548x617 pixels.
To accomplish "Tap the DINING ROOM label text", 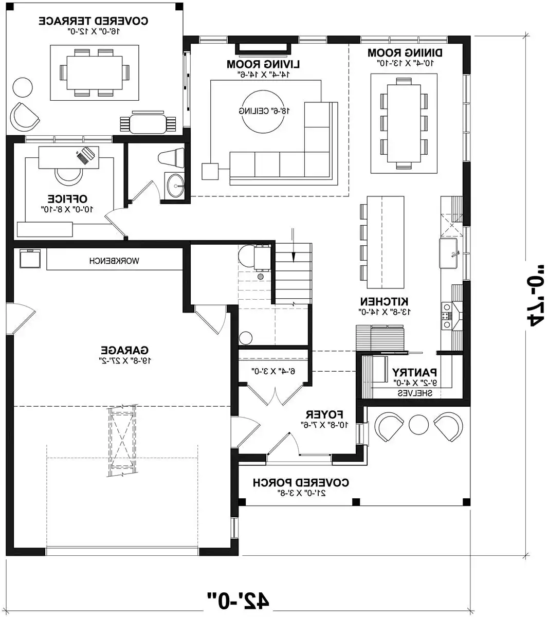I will [x=405, y=52].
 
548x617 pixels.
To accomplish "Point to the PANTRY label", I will [x=414, y=372].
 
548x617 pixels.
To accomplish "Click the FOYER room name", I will [x=324, y=414].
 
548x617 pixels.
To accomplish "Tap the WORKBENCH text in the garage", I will [x=114, y=261].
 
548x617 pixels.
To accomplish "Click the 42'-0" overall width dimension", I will [x=238, y=600].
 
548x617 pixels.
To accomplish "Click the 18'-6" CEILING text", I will [x=262, y=111].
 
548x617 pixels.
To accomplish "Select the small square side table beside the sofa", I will [x=209, y=171].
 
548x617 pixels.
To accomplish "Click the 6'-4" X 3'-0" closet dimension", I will [x=273, y=370].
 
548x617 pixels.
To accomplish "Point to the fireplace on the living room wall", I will [x=264, y=48].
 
